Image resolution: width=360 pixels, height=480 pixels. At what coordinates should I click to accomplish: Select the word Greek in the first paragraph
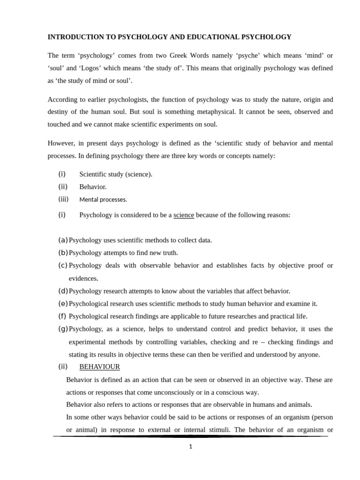click(x=182, y=55)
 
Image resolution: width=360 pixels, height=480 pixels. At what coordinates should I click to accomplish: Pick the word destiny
click(x=58, y=112)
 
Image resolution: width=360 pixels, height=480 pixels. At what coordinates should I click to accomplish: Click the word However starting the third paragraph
click(x=61, y=143)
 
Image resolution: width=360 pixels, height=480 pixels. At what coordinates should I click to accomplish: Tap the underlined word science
click(x=184, y=215)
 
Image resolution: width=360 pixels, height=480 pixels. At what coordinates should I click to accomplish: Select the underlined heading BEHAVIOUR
click(x=99, y=367)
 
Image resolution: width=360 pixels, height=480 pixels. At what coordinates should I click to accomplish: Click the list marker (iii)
click(x=63, y=199)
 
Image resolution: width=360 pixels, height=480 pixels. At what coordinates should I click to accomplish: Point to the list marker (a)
click(x=63, y=240)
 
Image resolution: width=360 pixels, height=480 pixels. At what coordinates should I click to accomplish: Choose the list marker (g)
click(x=63, y=329)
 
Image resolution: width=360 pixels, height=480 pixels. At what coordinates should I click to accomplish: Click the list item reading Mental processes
click(x=103, y=200)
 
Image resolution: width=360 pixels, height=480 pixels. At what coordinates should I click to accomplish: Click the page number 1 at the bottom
click(x=190, y=447)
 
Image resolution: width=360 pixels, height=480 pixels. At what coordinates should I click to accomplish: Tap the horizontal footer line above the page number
click(x=190, y=436)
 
